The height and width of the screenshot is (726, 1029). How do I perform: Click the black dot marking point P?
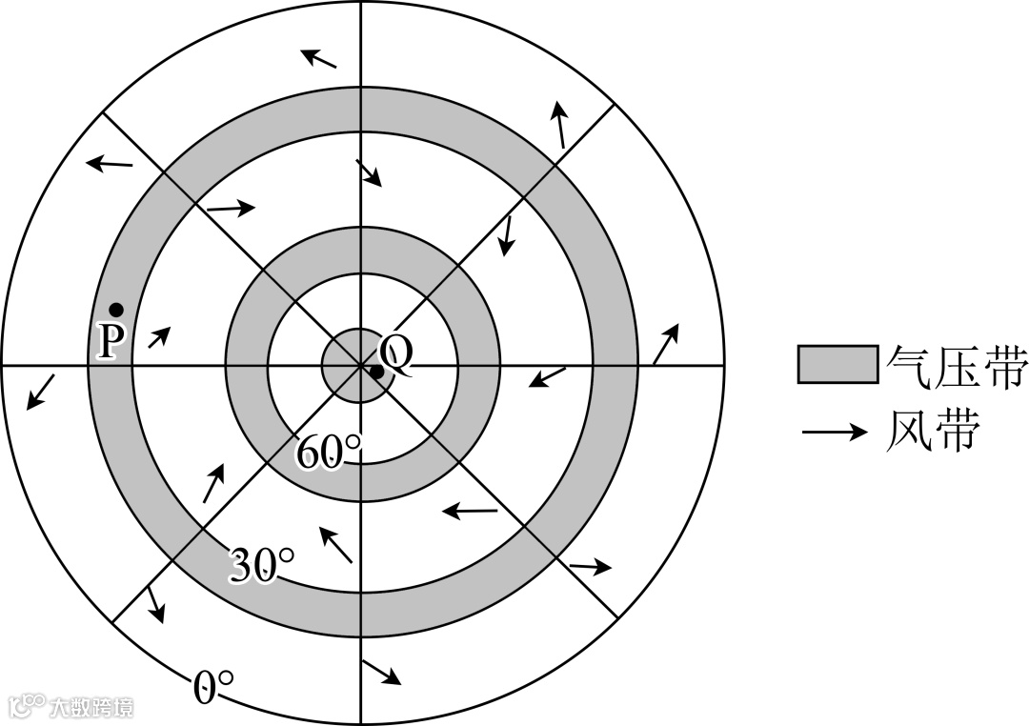116,310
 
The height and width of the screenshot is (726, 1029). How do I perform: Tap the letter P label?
111,342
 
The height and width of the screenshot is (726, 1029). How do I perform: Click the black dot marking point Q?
377,372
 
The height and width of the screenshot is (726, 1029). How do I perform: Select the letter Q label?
398,354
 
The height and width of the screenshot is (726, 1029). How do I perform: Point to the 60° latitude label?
329,453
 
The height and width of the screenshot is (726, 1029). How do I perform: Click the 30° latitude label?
261,567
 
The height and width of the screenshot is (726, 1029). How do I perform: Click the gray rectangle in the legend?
837,364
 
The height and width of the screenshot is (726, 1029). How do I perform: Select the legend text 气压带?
955,365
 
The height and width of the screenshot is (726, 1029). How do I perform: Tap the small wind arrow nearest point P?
159,335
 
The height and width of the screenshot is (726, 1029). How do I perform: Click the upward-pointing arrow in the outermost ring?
559,124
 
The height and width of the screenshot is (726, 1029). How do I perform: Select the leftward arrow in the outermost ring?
110,164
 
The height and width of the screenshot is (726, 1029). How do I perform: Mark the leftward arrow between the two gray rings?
470,513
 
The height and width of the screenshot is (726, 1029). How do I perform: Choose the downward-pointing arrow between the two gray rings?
508,235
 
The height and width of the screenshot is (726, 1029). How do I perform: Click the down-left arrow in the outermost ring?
40,392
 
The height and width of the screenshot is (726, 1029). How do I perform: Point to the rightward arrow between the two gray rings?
232,207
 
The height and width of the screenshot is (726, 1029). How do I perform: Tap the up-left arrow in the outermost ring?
319,58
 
